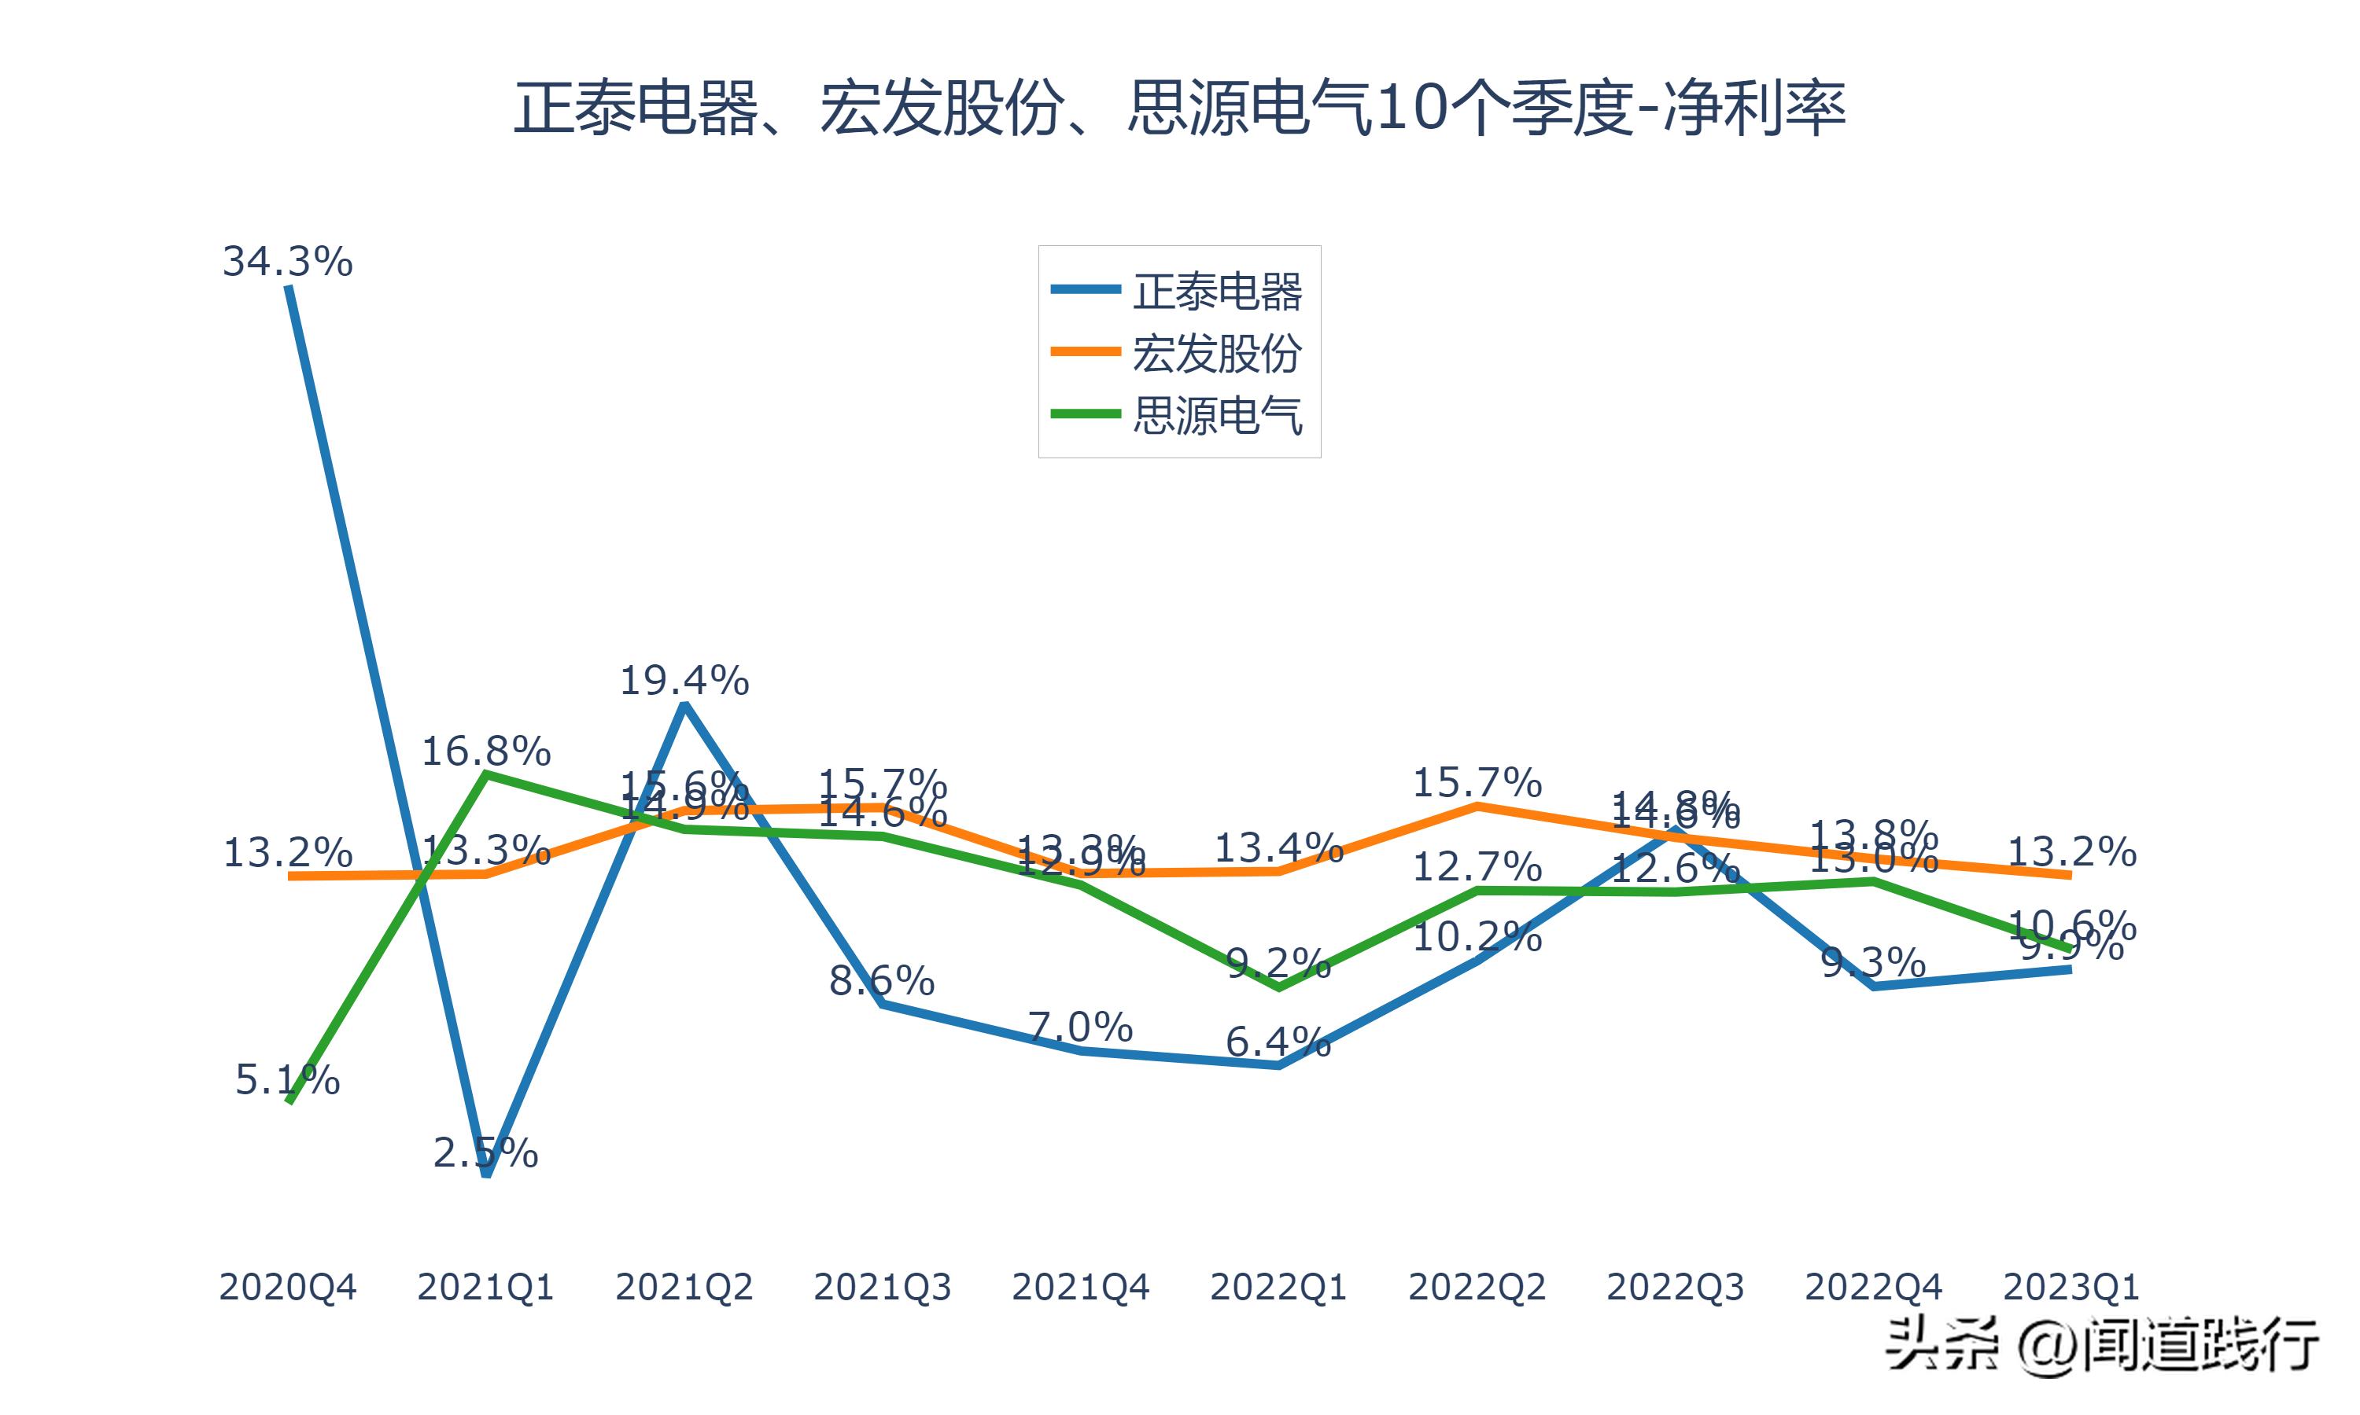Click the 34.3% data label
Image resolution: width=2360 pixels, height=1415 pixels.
click(x=287, y=261)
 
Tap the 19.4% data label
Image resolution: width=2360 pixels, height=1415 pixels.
click(x=684, y=681)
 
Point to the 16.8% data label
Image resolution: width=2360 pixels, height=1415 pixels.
click(x=485, y=752)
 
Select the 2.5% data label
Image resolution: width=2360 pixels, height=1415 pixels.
click(x=485, y=1152)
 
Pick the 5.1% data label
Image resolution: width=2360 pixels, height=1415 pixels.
click(x=287, y=1080)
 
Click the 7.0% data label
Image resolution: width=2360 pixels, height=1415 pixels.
click(x=1080, y=1027)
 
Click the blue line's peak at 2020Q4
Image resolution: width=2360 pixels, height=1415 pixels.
click(x=289, y=287)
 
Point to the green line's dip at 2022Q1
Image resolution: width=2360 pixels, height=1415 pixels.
click(x=1278, y=987)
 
